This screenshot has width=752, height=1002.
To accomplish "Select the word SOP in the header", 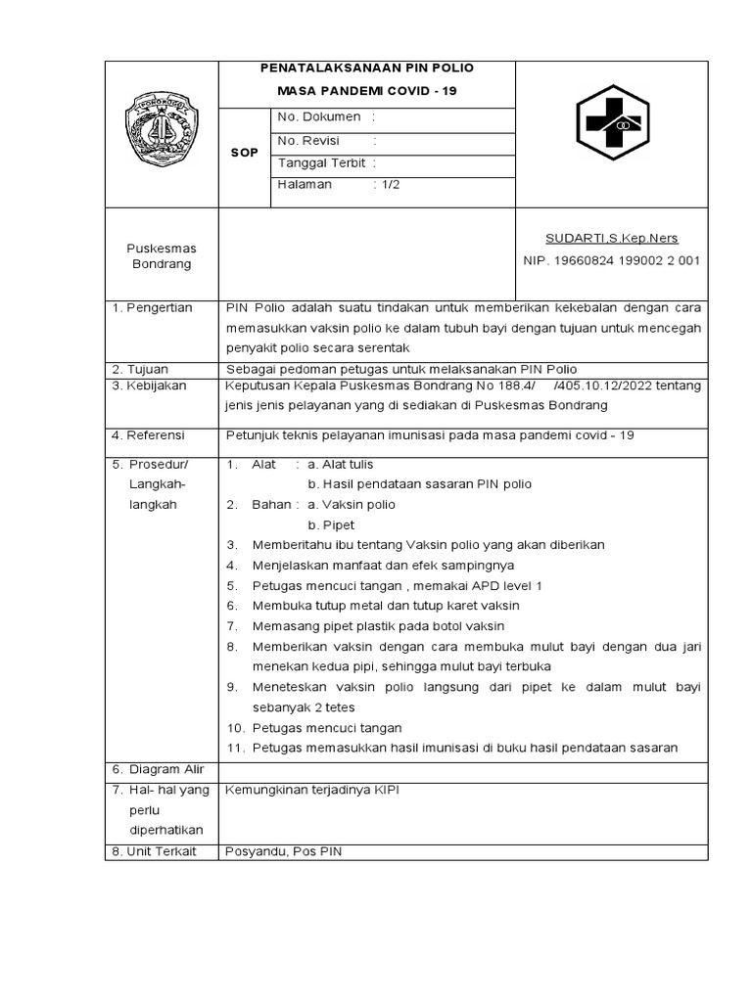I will click(245, 153).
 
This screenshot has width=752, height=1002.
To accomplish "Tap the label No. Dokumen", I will click(320, 117).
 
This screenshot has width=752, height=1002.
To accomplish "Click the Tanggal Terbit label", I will click(320, 163).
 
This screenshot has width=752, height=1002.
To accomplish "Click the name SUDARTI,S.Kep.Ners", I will click(611, 238).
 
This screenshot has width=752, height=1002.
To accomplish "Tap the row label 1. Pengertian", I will click(153, 307).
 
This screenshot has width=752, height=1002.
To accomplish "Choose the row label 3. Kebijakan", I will click(149, 386).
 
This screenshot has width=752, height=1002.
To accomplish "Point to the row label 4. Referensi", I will click(150, 434).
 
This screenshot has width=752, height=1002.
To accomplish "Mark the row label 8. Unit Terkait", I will click(154, 851).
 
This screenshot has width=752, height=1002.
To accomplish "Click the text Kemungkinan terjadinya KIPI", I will click(312, 789).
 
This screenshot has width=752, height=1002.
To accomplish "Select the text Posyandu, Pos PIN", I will click(284, 851).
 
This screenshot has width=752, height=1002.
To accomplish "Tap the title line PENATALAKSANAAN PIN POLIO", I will click(365, 68).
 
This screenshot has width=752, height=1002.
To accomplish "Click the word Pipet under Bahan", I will click(331, 524).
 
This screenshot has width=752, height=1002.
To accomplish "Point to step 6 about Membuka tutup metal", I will click(386, 606).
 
